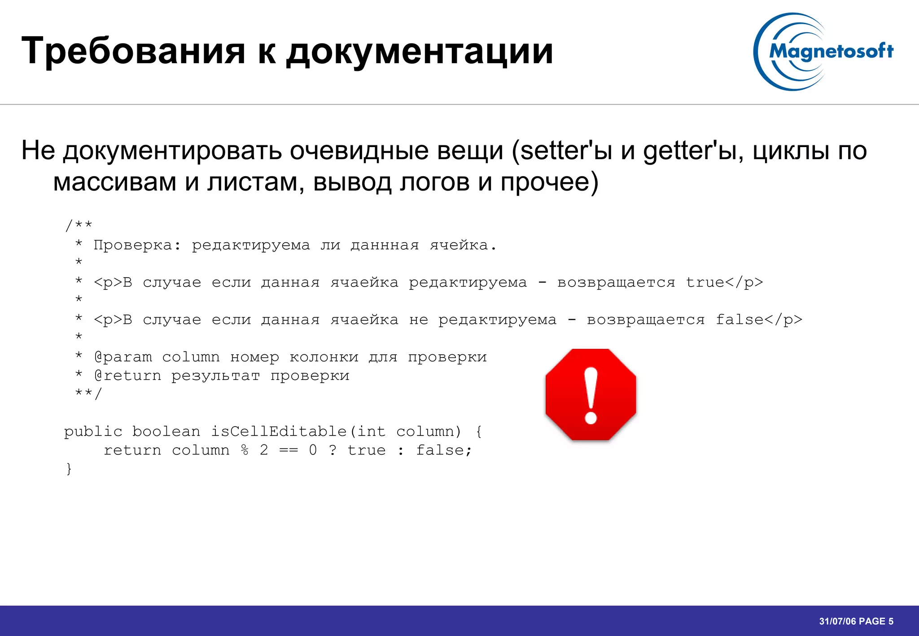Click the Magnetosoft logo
click(x=823, y=52)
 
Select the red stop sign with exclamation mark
click(x=591, y=395)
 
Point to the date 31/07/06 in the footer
click(x=837, y=621)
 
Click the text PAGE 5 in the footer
click(x=876, y=621)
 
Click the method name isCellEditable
click(x=279, y=431)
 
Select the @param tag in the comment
click(x=123, y=357)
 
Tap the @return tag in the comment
click(x=127, y=376)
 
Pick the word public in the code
click(x=93, y=431)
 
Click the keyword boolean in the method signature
click(x=166, y=431)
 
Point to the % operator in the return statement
click(x=245, y=450)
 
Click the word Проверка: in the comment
click(x=137, y=245)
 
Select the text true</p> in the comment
click(x=724, y=283)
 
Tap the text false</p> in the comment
click(x=759, y=320)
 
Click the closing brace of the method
click(x=69, y=469)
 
